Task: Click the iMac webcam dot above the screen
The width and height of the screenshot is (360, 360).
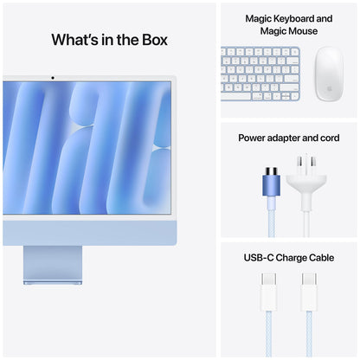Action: click(53, 78)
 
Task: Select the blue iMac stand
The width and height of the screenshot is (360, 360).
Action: click(53, 263)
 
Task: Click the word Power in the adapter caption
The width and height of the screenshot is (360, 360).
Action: click(254, 138)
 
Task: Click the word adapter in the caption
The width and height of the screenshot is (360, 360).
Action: click(292, 138)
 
